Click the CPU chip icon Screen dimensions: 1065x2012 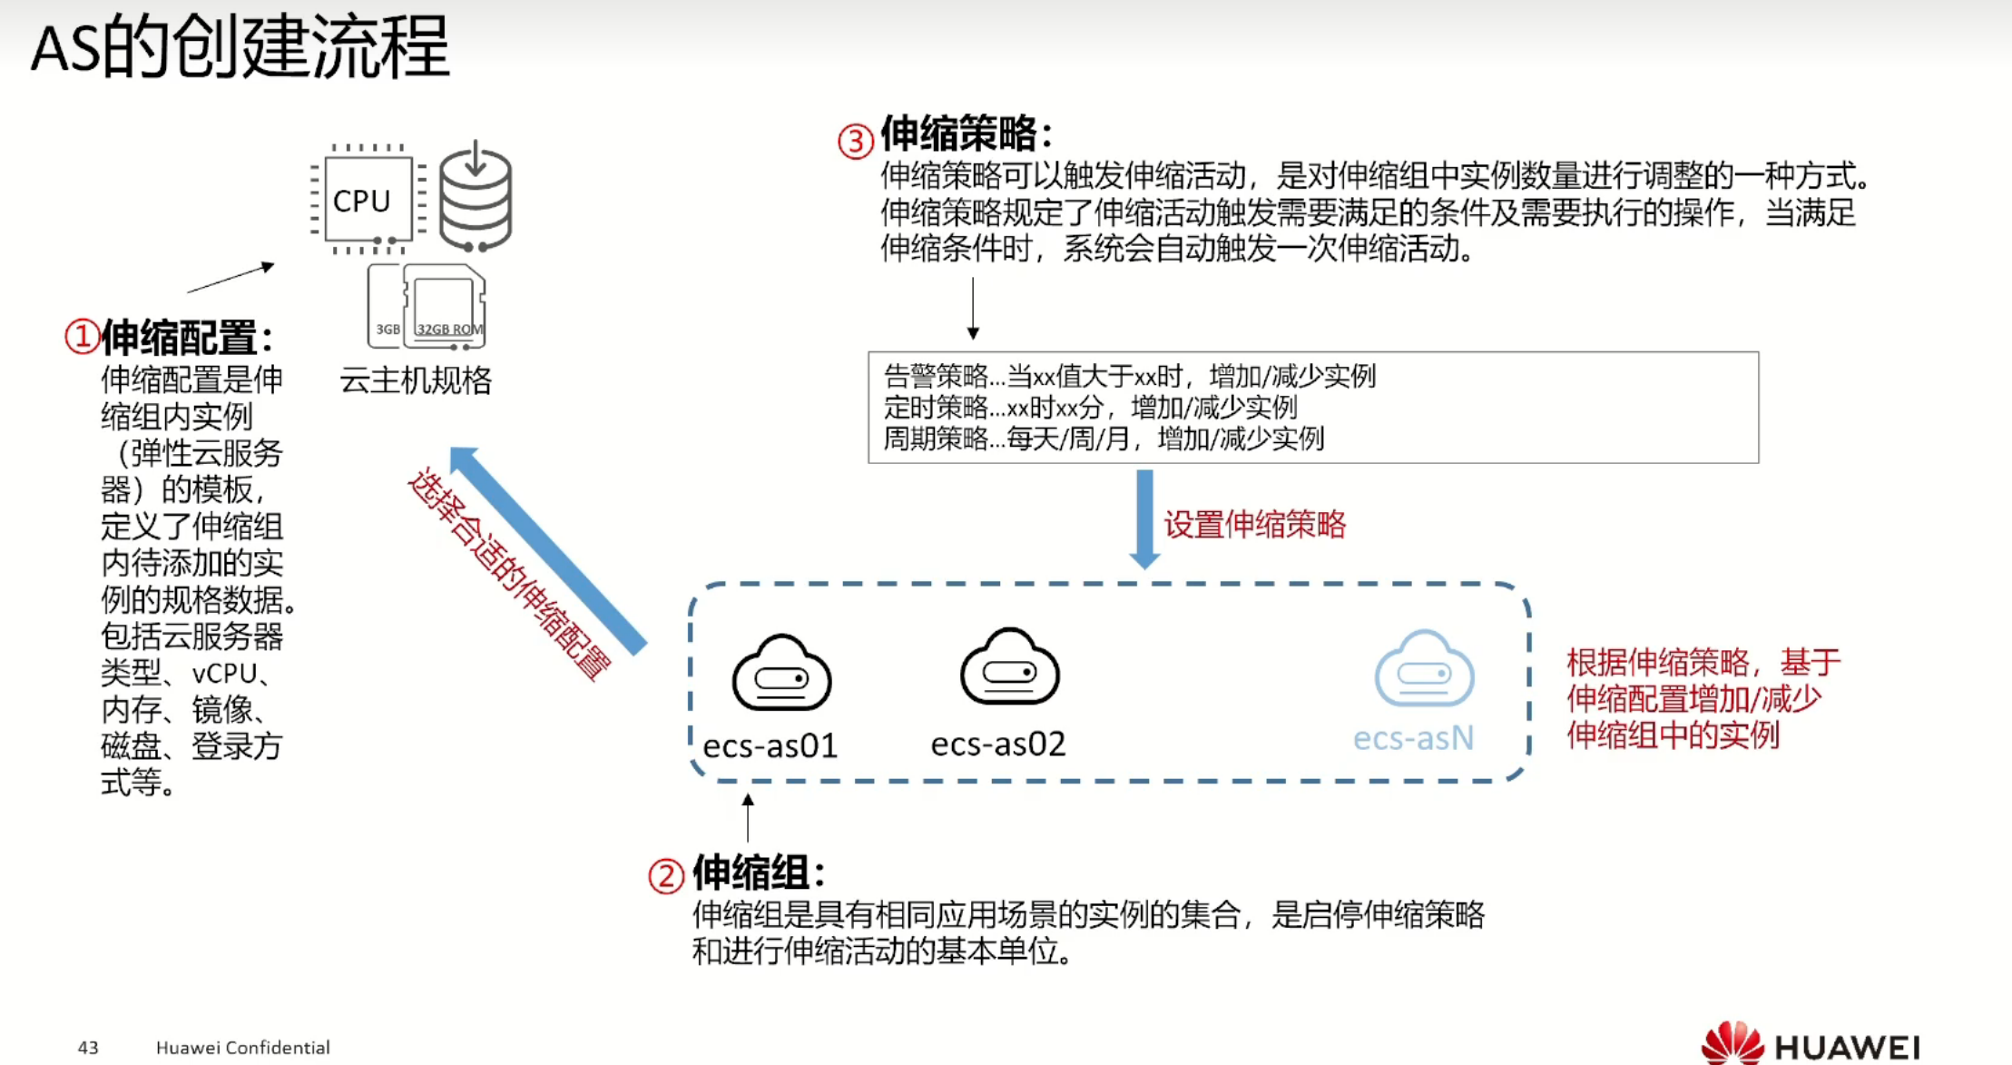[x=363, y=200]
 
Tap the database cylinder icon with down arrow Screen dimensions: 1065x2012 [x=476, y=197]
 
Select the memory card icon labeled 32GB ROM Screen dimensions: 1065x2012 [x=444, y=307]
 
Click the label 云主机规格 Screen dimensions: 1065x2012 [x=416, y=380]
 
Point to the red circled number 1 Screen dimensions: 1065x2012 [x=82, y=337]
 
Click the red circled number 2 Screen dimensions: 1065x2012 [x=665, y=876]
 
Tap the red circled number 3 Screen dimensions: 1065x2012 [x=855, y=141]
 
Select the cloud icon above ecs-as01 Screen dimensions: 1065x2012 [x=781, y=674]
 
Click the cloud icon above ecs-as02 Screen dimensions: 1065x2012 [x=1009, y=668]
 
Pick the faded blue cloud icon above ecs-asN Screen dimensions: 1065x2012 [x=1424, y=670]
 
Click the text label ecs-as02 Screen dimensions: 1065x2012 [x=998, y=745]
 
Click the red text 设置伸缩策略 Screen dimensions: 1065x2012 [x=1255, y=525]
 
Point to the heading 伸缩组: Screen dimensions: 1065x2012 [x=759, y=873]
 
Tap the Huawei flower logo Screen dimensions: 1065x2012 [x=1731, y=1044]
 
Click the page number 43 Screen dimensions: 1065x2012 [x=88, y=1048]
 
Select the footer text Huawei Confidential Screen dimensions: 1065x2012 [x=243, y=1048]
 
